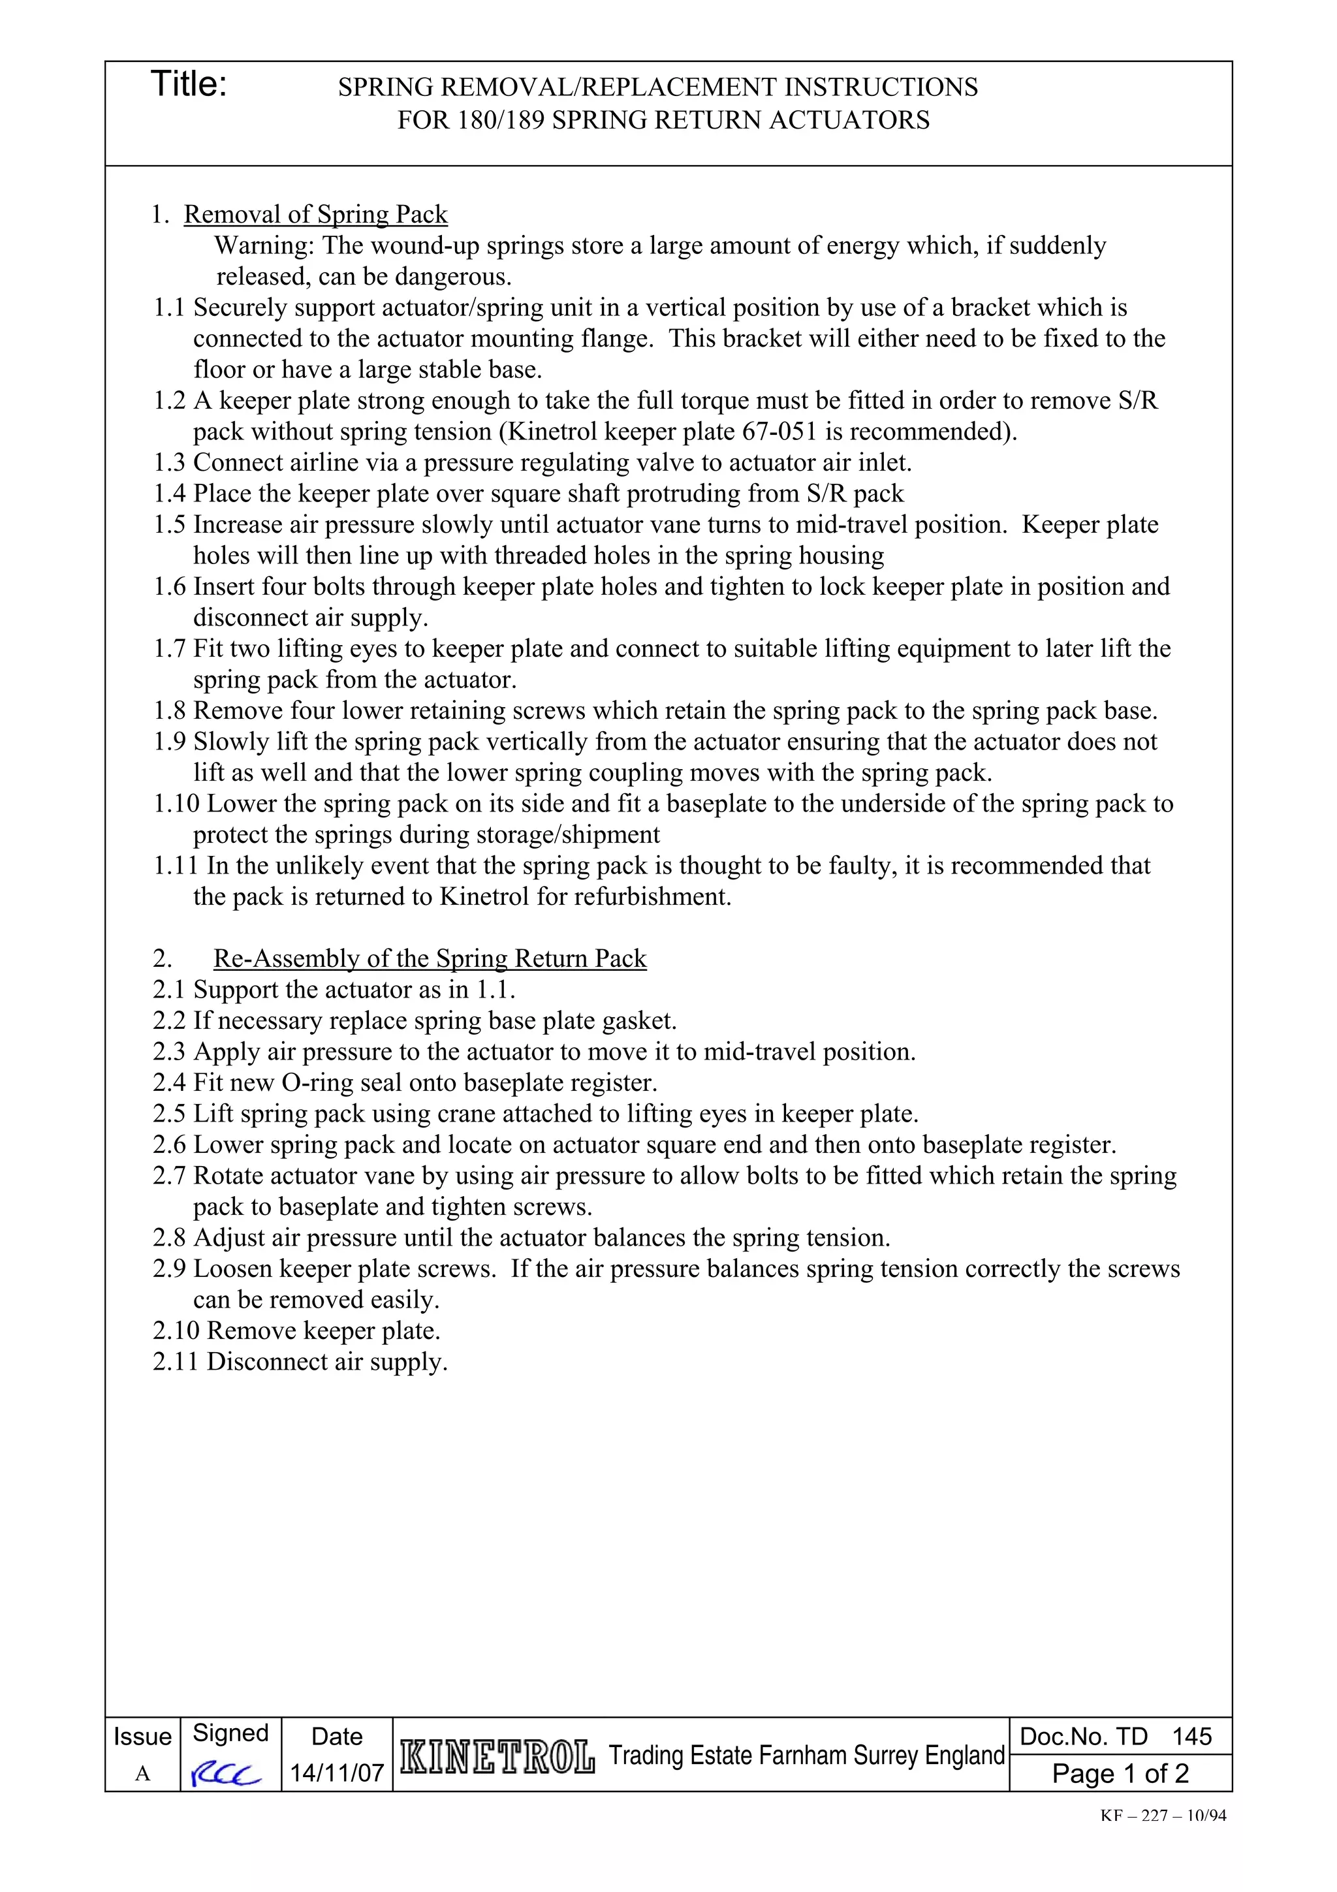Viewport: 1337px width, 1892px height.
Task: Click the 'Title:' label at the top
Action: coord(189,85)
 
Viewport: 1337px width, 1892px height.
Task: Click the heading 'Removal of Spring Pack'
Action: coord(315,214)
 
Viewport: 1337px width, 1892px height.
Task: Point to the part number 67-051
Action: coord(781,432)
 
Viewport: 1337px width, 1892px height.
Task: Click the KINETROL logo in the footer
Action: coord(497,1758)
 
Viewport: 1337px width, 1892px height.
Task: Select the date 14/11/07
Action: coord(337,1773)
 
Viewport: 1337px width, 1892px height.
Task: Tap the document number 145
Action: coord(1191,1737)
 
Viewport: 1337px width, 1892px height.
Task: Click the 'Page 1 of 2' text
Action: coord(1120,1773)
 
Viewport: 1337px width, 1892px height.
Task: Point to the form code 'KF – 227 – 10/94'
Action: coord(1163,1816)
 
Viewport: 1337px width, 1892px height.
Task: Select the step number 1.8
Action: coord(170,711)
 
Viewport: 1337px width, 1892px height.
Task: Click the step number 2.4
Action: coord(170,1083)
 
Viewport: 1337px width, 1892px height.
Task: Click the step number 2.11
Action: coord(176,1362)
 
